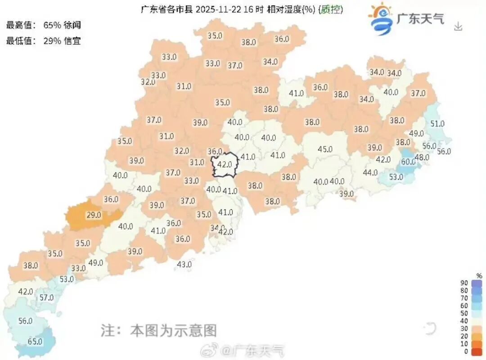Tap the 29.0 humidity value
pos(94,215)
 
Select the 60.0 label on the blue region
pos(409,162)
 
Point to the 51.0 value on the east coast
pos(437,123)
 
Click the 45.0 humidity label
pos(325,149)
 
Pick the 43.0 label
pos(184,265)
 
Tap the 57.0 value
pos(46,297)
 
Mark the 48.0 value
pos(422,157)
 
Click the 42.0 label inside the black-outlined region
pos(225,164)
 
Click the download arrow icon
pos(458,27)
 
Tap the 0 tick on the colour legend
pos(467,351)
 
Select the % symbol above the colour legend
pos(479,275)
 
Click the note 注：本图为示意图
pos(158,331)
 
